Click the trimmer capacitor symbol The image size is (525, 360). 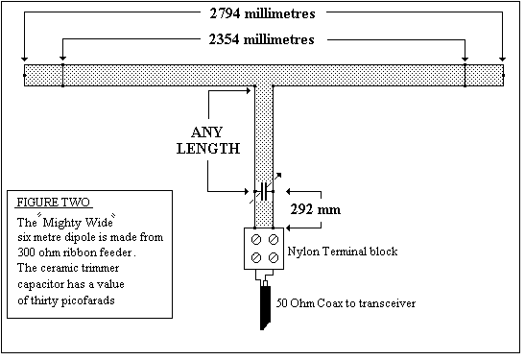(264, 190)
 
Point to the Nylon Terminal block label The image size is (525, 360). (343, 251)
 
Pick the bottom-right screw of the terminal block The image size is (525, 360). (274, 257)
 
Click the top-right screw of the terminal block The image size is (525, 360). (274, 238)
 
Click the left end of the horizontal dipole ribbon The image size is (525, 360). (27, 75)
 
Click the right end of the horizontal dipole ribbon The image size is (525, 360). (499, 75)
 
